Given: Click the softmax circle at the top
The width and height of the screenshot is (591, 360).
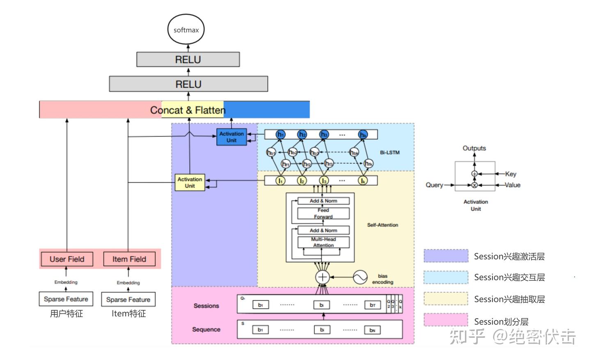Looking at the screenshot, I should click(x=186, y=30).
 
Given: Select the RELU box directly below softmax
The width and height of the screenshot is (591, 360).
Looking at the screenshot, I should click(x=188, y=60).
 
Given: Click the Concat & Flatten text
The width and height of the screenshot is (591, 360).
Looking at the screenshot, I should click(x=188, y=110).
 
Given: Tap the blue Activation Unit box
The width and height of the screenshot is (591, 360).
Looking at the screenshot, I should click(x=231, y=137).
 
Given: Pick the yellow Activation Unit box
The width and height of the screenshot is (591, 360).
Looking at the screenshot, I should click(x=190, y=183).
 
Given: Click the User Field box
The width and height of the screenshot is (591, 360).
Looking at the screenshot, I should click(x=67, y=259).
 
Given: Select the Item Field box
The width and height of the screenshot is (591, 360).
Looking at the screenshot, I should click(x=129, y=259).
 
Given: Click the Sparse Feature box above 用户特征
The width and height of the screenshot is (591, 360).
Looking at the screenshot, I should click(x=66, y=299).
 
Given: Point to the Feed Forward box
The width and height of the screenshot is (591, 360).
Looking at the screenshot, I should click(x=323, y=213).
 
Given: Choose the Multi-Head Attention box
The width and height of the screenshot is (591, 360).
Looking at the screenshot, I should click(x=323, y=242).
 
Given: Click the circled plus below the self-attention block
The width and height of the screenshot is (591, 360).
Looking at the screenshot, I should click(x=323, y=277).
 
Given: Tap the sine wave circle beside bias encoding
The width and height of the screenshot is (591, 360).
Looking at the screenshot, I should click(x=360, y=277).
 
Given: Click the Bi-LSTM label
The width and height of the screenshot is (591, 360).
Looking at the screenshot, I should click(x=389, y=152).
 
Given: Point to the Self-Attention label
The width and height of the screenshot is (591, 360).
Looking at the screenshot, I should click(x=383, y=225).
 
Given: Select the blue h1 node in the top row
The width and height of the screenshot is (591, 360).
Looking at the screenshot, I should click(x=281, y=134).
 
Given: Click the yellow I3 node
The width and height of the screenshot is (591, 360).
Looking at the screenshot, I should click(x=324, y=181).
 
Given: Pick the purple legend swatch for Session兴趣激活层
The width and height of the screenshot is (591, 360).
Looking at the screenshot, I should click(x=446, y=256).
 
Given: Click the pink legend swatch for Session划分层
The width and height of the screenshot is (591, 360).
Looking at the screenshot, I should click(x=446, y=320).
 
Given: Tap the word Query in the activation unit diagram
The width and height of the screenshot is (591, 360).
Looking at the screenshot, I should click(x=434, y=185).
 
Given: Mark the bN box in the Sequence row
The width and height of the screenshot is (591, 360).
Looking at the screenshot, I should click(x=372, y=330).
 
